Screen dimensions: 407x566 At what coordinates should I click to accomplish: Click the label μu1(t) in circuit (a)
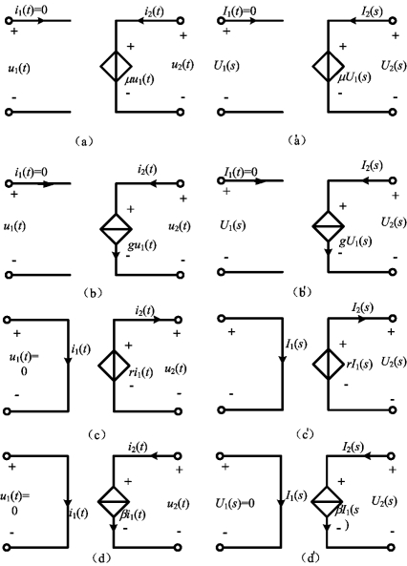[x=139, y=80]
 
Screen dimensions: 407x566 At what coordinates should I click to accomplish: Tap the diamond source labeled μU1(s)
[x=329, y=67]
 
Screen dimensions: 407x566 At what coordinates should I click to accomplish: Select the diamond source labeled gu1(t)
[x=116, y=228]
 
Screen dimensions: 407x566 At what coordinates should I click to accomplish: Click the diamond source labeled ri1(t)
[x=114, y=365]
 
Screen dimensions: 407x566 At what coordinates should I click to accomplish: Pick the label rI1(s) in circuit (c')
[x=359, y=365]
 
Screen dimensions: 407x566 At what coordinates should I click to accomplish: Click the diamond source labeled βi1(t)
[x=114, y=501]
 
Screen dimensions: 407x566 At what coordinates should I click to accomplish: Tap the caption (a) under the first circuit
[x=84, y=140]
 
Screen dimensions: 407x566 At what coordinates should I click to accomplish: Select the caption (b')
[x=302, y=292]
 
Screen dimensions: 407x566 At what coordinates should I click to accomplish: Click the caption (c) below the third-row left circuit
[x=96, y=434]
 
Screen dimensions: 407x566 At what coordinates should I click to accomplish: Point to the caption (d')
[x=310, y=557]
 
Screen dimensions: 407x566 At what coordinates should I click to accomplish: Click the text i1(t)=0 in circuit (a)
[x=32, y=10]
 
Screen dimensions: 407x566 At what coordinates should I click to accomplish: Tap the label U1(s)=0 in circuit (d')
[x=235, y=503]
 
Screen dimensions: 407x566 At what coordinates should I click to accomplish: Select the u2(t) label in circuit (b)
[x=179, y=227]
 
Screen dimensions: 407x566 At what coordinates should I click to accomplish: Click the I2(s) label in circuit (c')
[x=362, y=308]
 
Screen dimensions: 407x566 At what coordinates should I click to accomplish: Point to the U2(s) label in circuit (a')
[x=394, y=66]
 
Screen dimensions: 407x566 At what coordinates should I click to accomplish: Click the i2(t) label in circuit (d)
[x=138, y=447]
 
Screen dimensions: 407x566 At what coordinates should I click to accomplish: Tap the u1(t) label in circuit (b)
[x=14, y=227]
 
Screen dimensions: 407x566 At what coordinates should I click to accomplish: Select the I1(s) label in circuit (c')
[x=295, y=345]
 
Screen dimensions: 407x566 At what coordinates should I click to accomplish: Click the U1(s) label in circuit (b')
[x=233, y=225]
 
